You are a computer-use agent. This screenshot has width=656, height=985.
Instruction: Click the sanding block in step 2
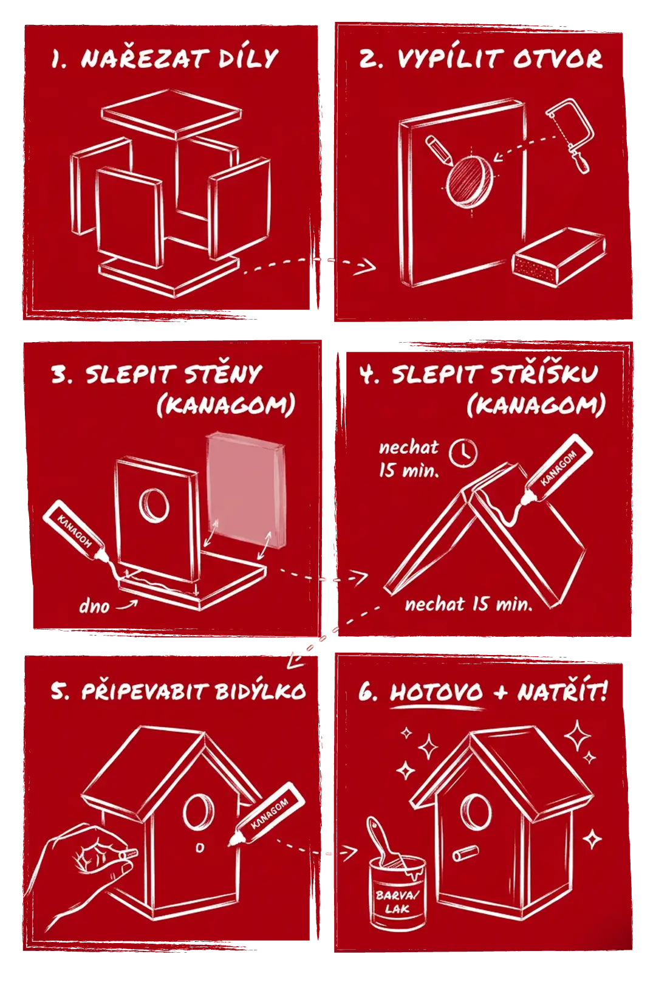(559, 256)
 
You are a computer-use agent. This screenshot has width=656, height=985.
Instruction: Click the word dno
(94, 606)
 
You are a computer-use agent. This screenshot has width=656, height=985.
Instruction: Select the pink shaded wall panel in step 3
(245, 491)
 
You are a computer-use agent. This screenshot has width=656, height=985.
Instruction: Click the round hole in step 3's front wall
(154, 505)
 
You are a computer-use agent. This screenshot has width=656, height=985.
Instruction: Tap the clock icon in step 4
(463, 452)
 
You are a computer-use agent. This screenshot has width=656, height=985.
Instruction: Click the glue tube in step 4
(556, 470)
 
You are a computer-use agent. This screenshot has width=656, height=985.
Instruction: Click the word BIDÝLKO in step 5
(260, 690)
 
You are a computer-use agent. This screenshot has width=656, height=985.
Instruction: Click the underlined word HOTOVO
(436, 692)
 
